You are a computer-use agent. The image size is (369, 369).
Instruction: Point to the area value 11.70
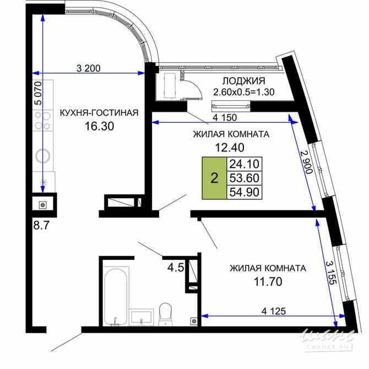click(267, 281)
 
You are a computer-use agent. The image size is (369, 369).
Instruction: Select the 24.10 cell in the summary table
click(245, 164)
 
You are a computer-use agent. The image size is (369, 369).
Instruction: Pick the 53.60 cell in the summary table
click(245, 177)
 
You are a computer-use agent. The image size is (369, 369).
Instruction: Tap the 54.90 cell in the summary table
click(245, 191)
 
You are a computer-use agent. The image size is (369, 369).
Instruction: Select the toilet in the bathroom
click(165, 313)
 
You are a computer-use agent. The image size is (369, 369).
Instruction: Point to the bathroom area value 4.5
click(175, 268)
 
